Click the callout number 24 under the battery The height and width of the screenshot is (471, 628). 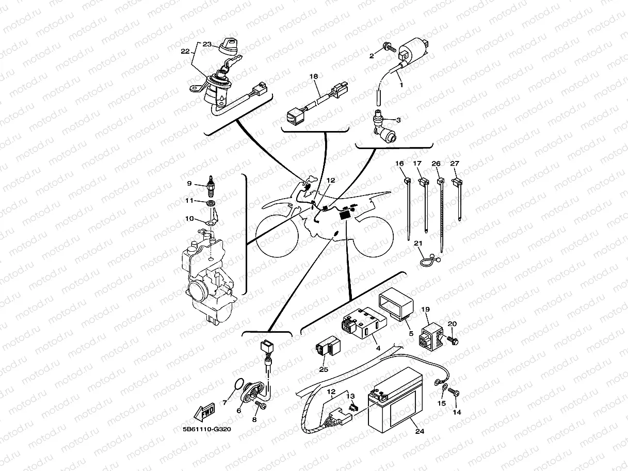(x=420, y=432)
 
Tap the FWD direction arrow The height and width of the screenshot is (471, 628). (x=204, y=413)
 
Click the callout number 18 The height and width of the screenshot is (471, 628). (x=314, y=76)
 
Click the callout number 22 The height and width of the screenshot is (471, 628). (x=185, y=51)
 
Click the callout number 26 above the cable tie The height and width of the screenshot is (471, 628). (x=436, y=164)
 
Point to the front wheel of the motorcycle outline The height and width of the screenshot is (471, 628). (x=277, y=236)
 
